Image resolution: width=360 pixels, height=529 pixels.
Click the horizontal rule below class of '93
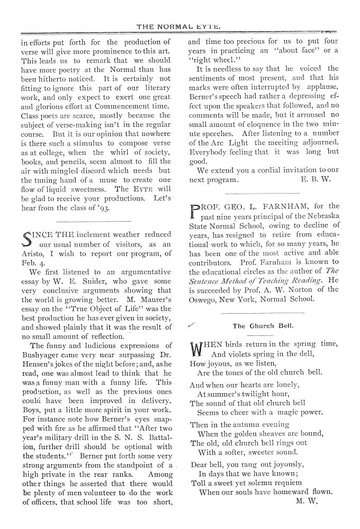93,221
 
